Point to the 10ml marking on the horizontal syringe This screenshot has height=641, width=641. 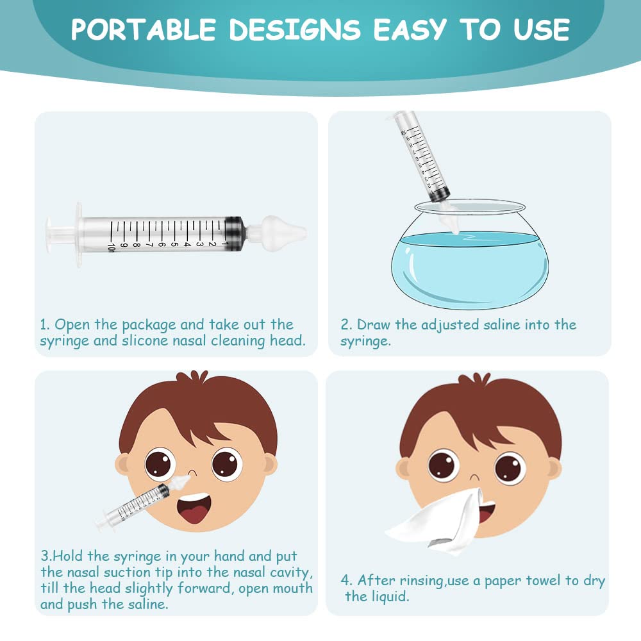coord(113,246)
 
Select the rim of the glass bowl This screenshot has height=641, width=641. coord(470,206)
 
